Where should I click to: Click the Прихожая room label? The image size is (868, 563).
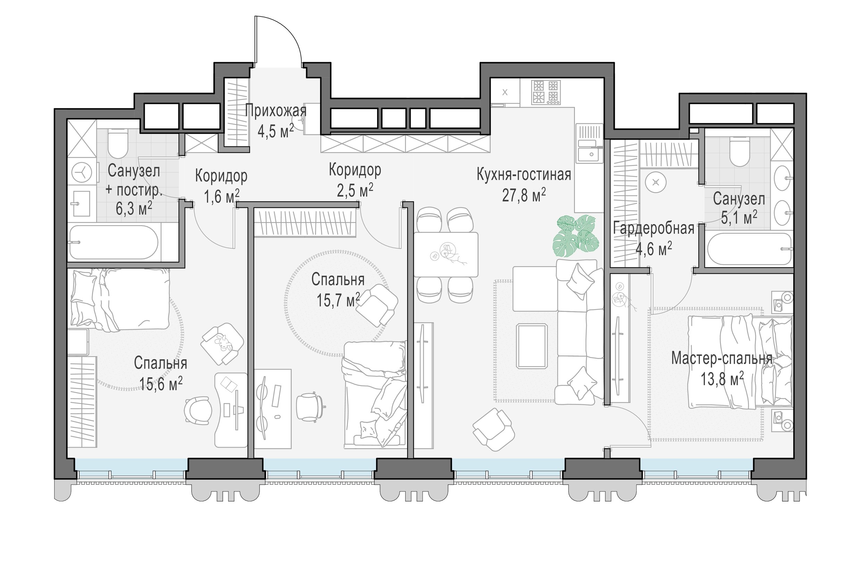coord(276,110)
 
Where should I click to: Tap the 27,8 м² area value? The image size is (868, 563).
coord(524,195)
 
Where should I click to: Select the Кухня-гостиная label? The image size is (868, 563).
coord(524,174)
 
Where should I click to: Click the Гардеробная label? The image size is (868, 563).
coord(653,229)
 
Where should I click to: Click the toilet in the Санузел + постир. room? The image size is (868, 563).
coord(118,144)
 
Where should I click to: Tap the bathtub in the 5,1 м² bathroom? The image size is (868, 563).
coord(750,249)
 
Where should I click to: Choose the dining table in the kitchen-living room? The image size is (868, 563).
coord(445,254)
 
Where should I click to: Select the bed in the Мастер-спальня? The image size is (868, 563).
coord(740,362)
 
